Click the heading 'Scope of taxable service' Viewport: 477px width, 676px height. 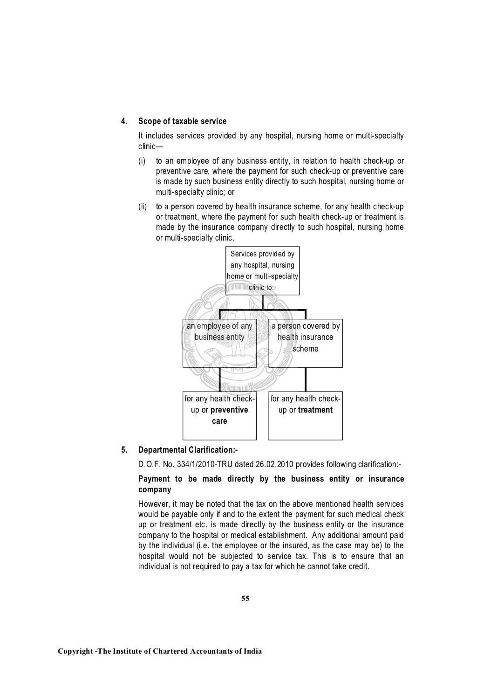182,121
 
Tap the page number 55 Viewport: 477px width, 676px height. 245,599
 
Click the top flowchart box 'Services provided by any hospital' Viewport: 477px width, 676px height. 262,271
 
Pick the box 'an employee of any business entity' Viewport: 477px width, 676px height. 219,343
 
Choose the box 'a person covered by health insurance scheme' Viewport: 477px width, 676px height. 306,343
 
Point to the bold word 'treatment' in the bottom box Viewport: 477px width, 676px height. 315,410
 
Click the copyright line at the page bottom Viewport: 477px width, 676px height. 159,651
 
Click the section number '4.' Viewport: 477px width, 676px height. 124,121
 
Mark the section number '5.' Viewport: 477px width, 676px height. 124,450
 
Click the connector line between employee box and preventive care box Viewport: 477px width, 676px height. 219,379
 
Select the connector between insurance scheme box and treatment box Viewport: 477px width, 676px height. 306,379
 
